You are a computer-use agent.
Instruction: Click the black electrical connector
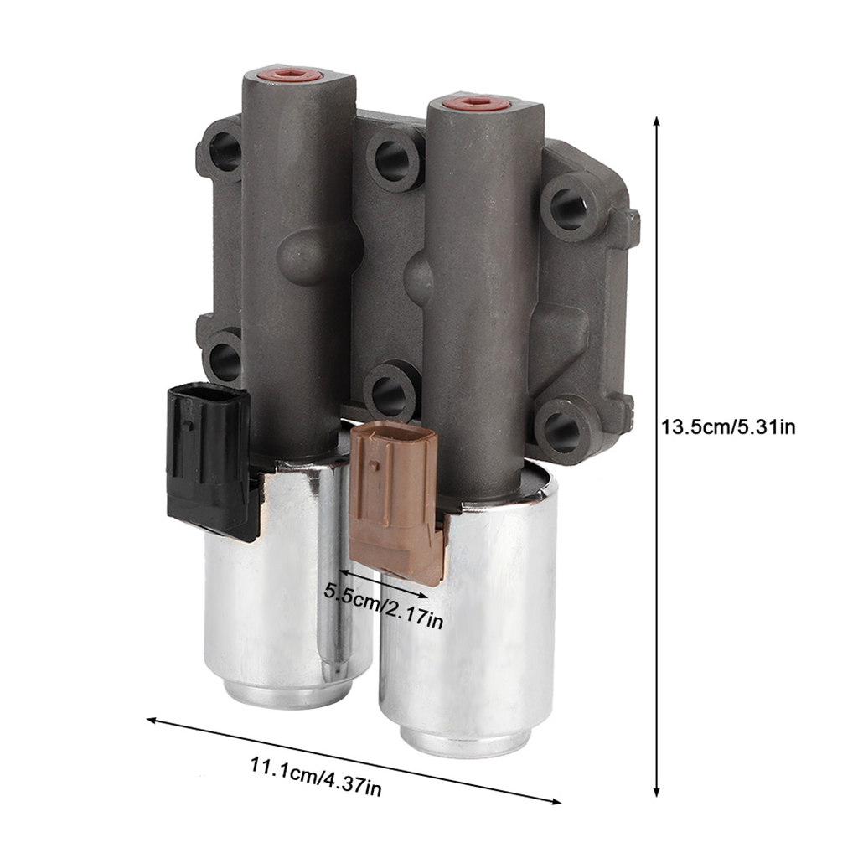point(210,460)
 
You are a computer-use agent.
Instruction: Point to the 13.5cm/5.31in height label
point(728,426)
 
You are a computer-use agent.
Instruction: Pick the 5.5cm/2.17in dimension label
point(383,606)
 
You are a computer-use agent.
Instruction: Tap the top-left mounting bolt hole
point(225,151)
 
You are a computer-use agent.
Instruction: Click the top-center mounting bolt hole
point(392,160)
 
